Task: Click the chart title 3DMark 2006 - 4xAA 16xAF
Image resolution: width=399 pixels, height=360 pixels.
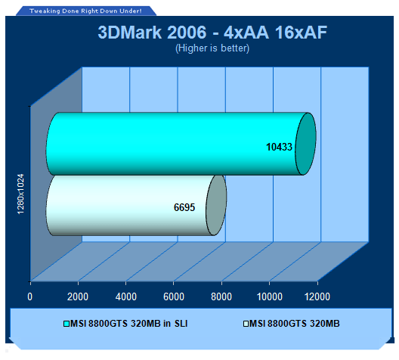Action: pyautogui.click(x=212, y=33)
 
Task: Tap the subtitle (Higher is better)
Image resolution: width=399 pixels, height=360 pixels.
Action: pyautogui.click(x=212, y=48)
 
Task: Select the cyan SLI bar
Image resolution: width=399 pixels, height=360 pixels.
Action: pyautogui.click(x=181, y=144)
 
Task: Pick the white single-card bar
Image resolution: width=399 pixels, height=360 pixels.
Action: pyautogui.click(x=136, y=205)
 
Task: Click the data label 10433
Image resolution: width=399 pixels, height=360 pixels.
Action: pyautogui.click(x=279, y=147)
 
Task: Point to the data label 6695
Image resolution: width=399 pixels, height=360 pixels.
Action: pyautogui.click(x=184, y=207)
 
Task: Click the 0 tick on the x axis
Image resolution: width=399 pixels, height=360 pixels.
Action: pyautogui.click(x=30, y=296)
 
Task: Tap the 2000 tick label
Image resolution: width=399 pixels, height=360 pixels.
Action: pyautogui.click(x=78, y=296)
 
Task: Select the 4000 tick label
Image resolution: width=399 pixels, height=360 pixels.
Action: pyautogui.click(x=125, y=296)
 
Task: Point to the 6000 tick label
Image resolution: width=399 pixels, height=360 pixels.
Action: pyautogui.click(x=174, y=296)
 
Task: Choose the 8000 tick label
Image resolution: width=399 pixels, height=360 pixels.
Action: pyautogui.click(x=221, y=296)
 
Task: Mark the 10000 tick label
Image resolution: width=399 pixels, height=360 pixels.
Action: pyautogui.click(x=270, y=296)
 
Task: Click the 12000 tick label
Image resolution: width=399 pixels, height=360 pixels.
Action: pyautogui.click(x=317, y=296)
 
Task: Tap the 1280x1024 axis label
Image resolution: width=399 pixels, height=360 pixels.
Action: pyautogui.click(x=20, y=194)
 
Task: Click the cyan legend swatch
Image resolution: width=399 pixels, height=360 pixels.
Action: pyautogui.click(x=66, y=324)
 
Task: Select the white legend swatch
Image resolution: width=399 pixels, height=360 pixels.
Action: pyautogui.click(x=246, y=324)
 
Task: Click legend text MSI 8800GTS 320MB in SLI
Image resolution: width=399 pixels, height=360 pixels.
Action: pyautogui.click(x=128, y=324)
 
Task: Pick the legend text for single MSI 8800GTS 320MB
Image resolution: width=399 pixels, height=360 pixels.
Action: pyautogui.click(x=295, y=324)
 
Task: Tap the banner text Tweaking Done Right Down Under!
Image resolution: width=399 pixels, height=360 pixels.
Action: pyautogui.click(x=85, y=11)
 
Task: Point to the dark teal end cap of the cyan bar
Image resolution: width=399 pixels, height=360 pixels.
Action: pyautogui.click(x=305, y=144)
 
